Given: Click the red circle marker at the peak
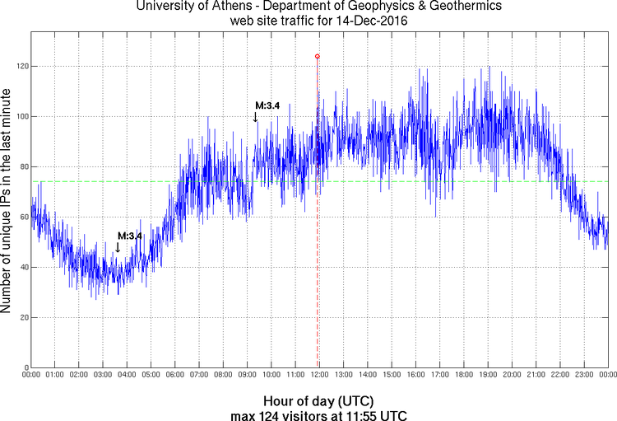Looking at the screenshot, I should coord(318,57).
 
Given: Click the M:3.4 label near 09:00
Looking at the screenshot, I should coord(267,105).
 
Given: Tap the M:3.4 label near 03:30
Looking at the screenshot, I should coord(130,236).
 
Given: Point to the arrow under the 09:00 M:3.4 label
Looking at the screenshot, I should coord(256,117).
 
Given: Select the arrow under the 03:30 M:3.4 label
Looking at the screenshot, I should coord(118,247).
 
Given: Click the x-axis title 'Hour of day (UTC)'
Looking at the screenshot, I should coord(318,399).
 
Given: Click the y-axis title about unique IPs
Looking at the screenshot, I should coord(7,200).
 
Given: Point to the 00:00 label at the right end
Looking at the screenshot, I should coord(607,375).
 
